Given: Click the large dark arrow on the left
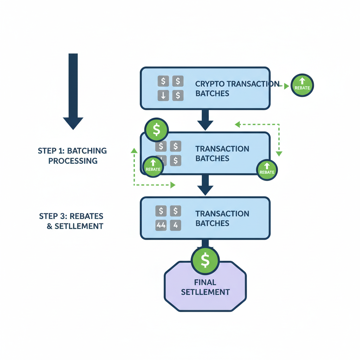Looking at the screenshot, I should coord(73,91).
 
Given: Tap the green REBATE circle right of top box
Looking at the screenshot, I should coord(302,85).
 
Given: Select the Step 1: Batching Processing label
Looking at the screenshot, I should coord(72,156).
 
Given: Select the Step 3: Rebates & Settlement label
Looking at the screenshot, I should coord(71,221).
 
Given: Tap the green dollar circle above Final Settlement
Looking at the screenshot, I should coord(205,261).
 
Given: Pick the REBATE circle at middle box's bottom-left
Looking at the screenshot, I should coord(153,167).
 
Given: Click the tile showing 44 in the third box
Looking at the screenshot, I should coord(161,225).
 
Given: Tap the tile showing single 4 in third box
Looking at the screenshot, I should coord(175,225).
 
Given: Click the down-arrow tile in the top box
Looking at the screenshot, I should coord(163,95).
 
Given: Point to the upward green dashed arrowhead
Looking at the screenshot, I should coord(134,150).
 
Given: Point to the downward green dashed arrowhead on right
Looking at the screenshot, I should coord(279,153).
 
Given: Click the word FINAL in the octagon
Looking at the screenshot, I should coord(205,282).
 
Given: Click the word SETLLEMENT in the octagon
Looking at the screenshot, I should coord(205,292).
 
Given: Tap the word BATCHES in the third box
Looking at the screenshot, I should coord(212,223).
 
